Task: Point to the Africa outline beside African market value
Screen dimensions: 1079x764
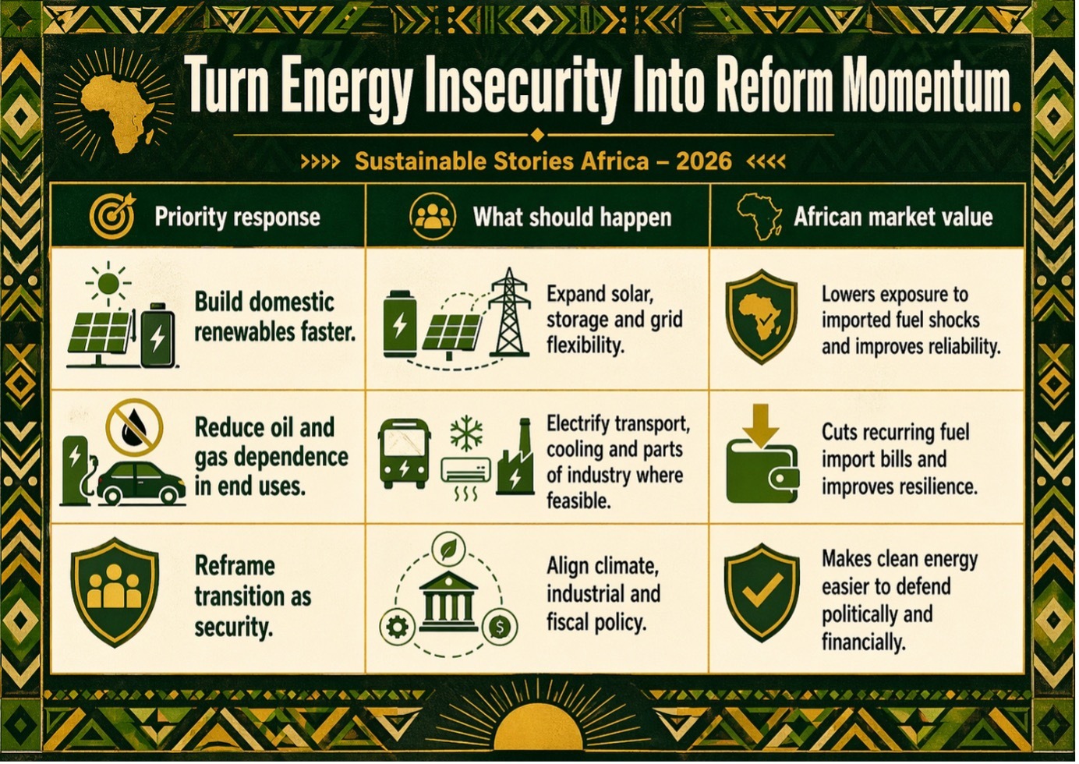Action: click(x=759, y=216)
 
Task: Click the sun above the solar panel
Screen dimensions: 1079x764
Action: click(x=108, y=284)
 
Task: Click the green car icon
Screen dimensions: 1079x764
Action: click(x=142, y=483)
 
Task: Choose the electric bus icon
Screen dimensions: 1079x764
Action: click(x=405, y=453)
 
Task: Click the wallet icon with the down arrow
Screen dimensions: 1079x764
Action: click(x=762, y=461)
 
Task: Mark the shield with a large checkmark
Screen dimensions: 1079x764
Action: click(x=762, y=592)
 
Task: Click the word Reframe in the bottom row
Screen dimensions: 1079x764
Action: click(x=235, y=567)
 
